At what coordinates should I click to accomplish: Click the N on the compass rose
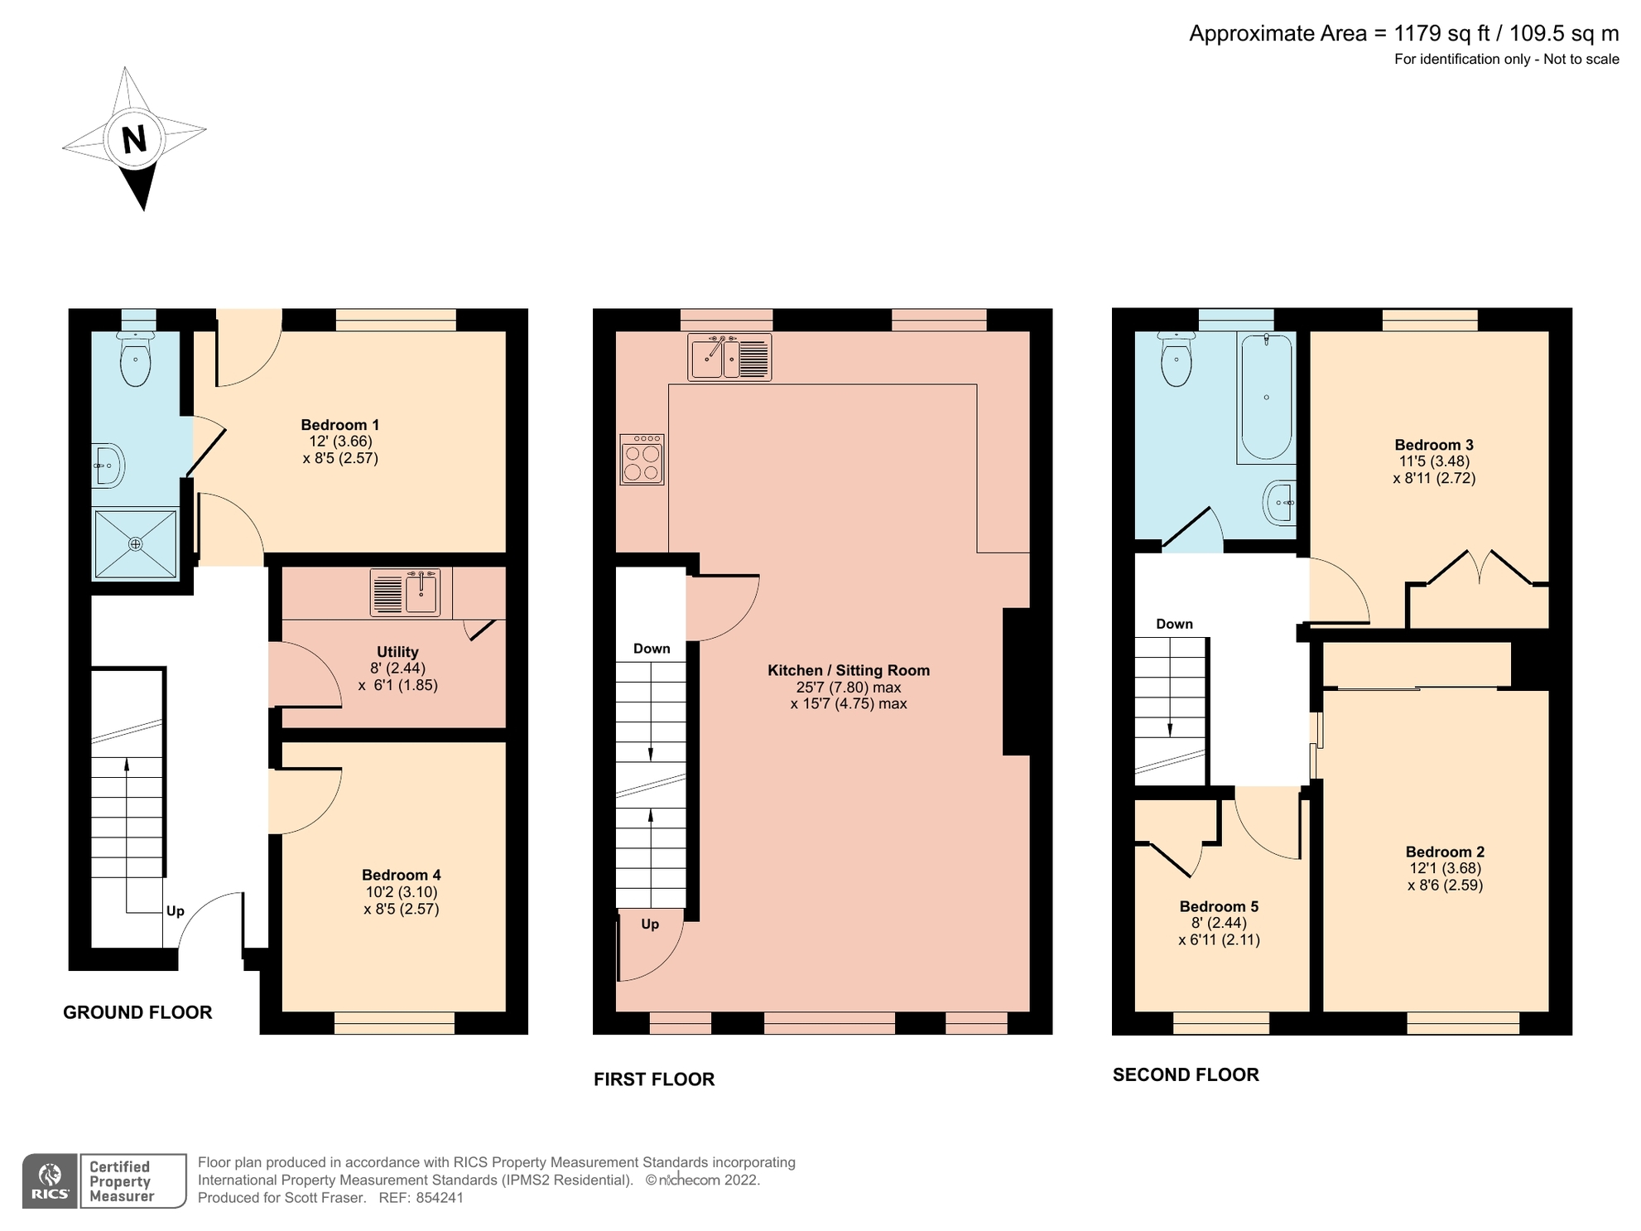(134, 139)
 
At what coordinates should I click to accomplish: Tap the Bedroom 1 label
(339, 425)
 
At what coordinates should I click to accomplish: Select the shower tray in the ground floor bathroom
(136, 544)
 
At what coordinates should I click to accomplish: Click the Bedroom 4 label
(401, 875)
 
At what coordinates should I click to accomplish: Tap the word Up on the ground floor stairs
(176, 911)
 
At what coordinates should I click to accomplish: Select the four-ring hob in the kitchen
(642, 460)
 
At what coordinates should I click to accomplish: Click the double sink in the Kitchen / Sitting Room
(729, 357)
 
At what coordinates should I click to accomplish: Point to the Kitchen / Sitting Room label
(848, 670)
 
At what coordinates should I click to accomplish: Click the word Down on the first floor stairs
(652, 649)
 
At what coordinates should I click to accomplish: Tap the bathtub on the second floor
(1266, 398)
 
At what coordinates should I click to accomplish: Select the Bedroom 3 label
(1433, 445)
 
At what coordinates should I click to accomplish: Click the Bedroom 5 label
(1219, 906)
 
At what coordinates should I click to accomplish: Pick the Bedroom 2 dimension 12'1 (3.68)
(1445, 868)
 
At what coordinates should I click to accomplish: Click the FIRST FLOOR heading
(654, 1079)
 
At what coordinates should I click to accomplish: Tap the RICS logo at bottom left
(50, 1181)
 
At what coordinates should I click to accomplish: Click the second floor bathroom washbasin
(1280, 502)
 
